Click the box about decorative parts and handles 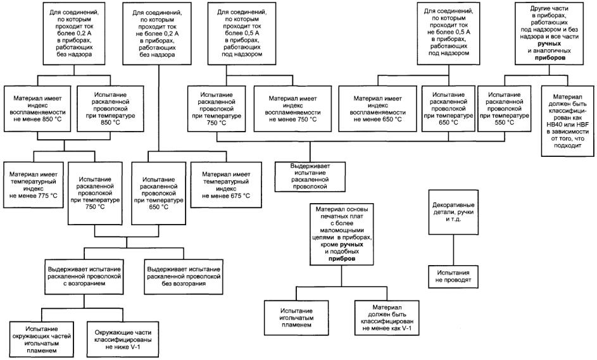[x=453, y=212]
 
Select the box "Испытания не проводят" [x=453, y=276]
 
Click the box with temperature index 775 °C [x=33, y=185]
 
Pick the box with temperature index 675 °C [x=226, y=185]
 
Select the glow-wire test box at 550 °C [x=505, y=109]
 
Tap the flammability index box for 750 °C [x=292, y=109]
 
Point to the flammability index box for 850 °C [x=37, y=109]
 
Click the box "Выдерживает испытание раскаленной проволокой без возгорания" [x=184, y=276]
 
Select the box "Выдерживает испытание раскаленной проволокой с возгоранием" [x=84, y=276]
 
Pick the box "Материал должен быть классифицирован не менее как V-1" [x=387, y=318]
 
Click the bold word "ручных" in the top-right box [x=550, y=44]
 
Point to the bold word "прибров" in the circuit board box [x=341, y=259]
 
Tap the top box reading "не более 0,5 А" [x=448, y=32]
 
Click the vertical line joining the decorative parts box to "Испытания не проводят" [x=453, y=250]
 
